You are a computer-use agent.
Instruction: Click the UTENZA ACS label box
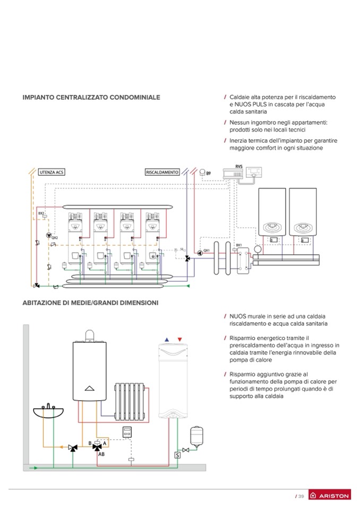click(51, 172)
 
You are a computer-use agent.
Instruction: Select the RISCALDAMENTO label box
click(162, 172)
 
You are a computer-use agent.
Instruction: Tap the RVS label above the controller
click(239, 166)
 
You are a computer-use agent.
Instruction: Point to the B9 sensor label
click(208, 174)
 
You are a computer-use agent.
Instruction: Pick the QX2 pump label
click(54, 238)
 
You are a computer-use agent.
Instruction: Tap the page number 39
click(300, 496)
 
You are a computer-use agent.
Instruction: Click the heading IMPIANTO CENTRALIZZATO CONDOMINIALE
click(91, 98)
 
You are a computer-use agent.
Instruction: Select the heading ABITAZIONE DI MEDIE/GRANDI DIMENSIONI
click(90, 303)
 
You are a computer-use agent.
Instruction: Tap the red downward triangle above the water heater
click(180, 339)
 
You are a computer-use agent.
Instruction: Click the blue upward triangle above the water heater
click(167, 339)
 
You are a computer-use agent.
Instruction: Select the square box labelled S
click(177, 454)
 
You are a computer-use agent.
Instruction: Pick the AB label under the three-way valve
click(101, 455)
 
